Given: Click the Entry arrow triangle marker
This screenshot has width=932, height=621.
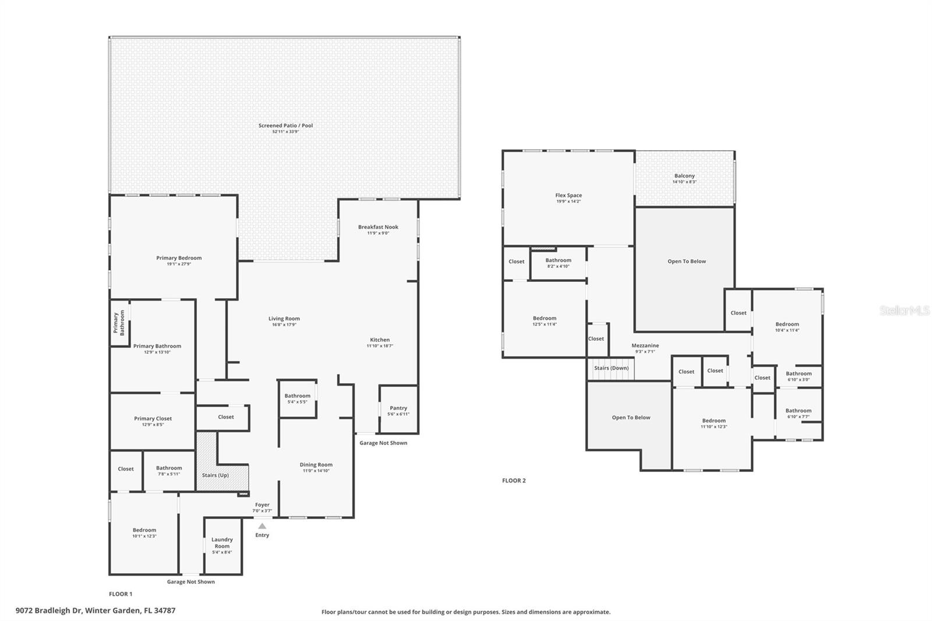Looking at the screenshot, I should [x=262, y=525].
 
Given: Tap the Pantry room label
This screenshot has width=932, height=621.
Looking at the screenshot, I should [x=398, y=408].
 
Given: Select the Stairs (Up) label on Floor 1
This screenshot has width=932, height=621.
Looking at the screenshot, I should [x=216, y=475].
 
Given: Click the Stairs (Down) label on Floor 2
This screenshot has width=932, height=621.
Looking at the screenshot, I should [x=611, y=368].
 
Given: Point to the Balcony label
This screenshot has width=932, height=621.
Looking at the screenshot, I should [x=684, y=175].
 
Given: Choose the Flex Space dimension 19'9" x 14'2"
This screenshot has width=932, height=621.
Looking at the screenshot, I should [x=569, y=202].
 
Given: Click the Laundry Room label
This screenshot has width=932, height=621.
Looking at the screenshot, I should [x=222, y=542].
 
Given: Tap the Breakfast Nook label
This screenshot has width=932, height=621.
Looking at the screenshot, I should [x=378, y=227].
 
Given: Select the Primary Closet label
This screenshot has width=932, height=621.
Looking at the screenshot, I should [x=153, y=418].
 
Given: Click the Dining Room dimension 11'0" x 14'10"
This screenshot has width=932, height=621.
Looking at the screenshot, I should [x=316, y=471].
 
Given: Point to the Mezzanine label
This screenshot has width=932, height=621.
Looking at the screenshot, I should [x=645, y=345].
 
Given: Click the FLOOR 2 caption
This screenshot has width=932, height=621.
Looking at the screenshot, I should [x=514, y=481].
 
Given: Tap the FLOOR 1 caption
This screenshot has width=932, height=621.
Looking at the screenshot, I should [x=121, y=594].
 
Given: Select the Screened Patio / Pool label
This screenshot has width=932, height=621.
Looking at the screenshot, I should [x=285, y=125].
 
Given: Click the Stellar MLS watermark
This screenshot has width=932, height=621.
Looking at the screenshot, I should [x=904, y=310].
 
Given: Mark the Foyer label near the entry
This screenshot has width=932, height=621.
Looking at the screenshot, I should [x=262, y=504].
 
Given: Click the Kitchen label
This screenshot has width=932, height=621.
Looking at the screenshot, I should [x=380, y=340].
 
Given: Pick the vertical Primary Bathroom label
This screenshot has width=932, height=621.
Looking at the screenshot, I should [x=119, y=323].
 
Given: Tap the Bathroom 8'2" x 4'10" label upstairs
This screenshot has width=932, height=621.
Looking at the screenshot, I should [x=558, y=260].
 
